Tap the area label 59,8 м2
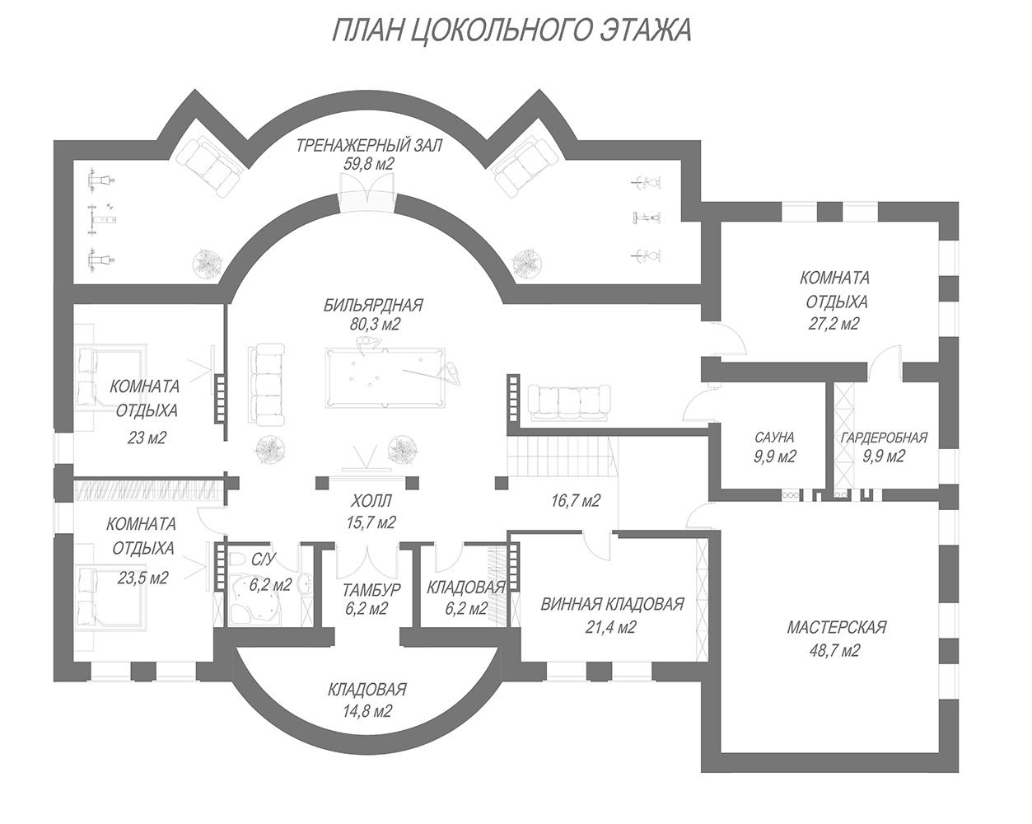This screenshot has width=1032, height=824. pos(368,164)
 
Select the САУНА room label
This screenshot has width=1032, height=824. pos(774,438)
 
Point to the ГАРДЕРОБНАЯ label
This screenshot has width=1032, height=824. pos(884,438)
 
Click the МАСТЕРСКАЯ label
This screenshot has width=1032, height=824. pos(837,627)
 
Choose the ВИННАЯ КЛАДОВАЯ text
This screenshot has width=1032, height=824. pos(613,604)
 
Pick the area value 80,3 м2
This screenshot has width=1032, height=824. pos(375,325)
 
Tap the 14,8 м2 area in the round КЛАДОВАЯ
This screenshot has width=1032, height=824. pos(367,711)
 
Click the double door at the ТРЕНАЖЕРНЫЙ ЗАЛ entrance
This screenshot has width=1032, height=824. pos(367,191)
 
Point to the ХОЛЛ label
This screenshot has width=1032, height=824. pos(371,502)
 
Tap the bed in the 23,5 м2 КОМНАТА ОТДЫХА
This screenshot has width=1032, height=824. pos(110,598)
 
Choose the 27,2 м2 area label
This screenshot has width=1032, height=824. pos(834,324)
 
